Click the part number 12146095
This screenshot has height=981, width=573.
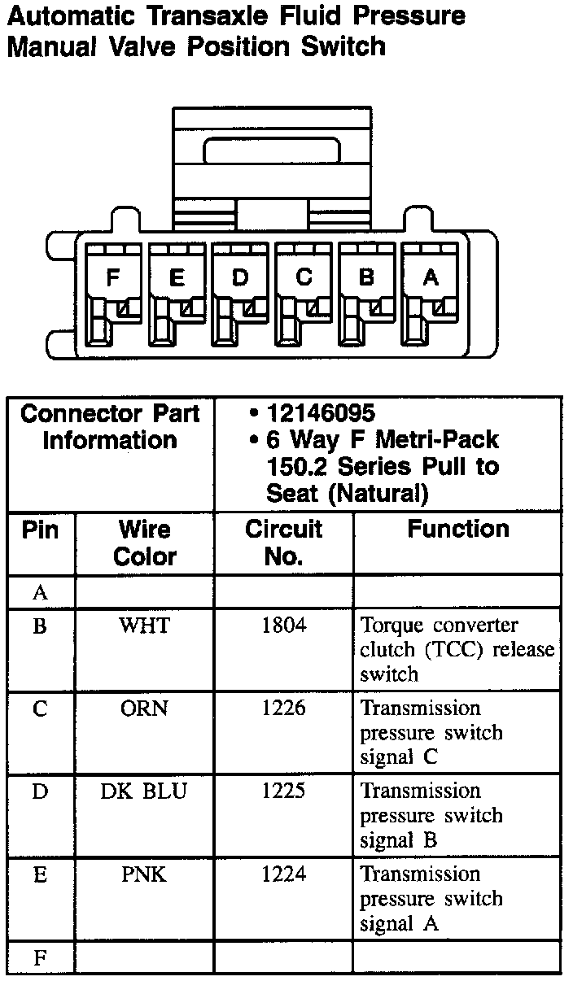[x=321, y=413]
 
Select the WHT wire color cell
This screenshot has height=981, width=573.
[x=144, y=626]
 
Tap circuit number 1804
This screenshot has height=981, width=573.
[x=283, y=626]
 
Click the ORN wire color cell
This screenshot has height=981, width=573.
[x=144, y=708]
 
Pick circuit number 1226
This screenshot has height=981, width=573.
[x=283, y=708]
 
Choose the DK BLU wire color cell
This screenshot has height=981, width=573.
[x=144, y=791]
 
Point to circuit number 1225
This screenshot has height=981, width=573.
[x=283, y=791]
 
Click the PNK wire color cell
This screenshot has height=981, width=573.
[x=144, y=875]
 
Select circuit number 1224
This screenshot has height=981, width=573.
[x=283, y=875]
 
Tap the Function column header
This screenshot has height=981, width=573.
[x=457, y=530]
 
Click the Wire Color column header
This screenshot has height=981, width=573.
[x=144, y=543]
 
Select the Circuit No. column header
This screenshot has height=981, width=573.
[x=283, y=543]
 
